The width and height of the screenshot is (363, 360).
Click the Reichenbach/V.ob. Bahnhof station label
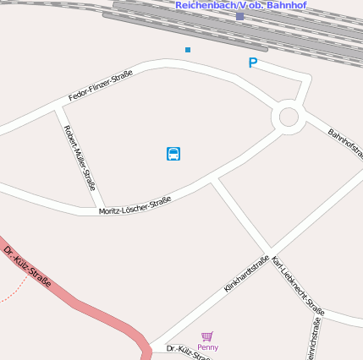[x=240, y=5]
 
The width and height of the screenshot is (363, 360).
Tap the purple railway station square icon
[x=240, y=16]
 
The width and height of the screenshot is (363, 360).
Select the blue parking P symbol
[x=252, y=63]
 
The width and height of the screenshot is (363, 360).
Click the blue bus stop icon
[x=173, y=154]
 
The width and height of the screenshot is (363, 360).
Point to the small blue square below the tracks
[x=188, y=50]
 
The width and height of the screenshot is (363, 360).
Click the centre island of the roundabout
[x=288, y=117]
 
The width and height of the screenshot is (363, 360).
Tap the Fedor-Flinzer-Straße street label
[x=100, y=85]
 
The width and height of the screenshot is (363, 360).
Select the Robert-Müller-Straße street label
[x=80, y=157]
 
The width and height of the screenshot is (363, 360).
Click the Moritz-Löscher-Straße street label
[x=135, y=205]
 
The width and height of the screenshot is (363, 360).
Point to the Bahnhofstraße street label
[x=344, y=144]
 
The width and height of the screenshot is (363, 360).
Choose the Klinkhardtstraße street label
[x=246, y=274]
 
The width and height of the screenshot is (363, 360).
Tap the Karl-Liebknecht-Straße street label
[x=298, y=286]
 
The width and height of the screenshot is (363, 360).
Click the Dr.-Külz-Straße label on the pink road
[x=27, y=265]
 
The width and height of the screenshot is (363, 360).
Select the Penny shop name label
[x=207, y=347]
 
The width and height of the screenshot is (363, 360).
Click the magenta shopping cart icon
[x=207, y=336]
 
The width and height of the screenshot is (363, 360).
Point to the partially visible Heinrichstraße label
[x=314, y=339]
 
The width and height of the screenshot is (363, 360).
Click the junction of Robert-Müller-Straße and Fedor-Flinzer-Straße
[x=61, y=108]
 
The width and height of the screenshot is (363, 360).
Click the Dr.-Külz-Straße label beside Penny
[x=187, y=352]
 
